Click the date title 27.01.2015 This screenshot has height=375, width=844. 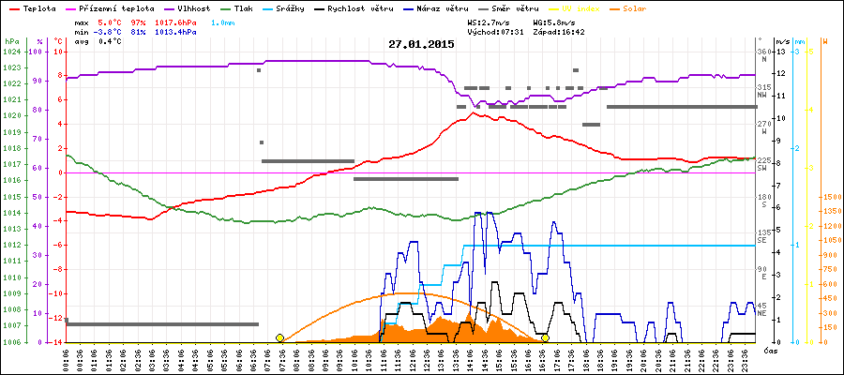(421, 44)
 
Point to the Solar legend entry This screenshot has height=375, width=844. (635, 7)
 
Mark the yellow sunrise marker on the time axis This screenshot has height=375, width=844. (279, 337)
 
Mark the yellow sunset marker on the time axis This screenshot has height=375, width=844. (545, 337)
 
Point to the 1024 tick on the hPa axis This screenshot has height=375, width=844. (11, 52)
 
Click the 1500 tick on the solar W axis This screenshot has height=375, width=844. (831, 197)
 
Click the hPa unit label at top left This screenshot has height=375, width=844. (11, 42)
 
